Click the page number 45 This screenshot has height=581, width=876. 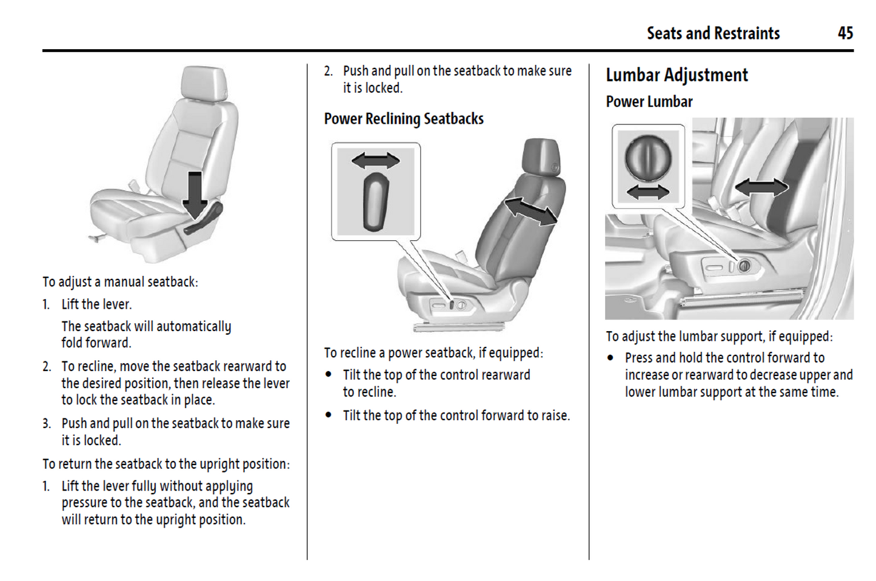click(x=845, y=33)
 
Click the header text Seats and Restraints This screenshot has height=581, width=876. click(x=713, y=33)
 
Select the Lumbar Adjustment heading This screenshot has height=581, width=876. click(x=677, y=75)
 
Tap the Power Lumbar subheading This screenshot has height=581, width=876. click(x=649, y=102)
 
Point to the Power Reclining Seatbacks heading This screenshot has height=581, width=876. click(x=404, y=119)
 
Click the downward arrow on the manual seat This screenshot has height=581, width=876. click(x=195, y=194)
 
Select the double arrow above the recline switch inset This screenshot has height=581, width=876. click(x=376, y=161)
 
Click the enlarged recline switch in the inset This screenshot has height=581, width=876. click(x=376, y=201)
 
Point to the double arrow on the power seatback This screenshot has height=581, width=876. click(x=531, y=211)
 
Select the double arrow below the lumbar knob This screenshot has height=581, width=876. click(x=648, y=192)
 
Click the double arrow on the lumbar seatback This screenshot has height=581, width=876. click(x=761, y=187)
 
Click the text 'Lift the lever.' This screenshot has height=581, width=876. click(x=96, y=304)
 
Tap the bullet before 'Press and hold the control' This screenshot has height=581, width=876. click(x=610, y=358)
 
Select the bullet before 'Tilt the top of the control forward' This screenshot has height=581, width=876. click(x=329, y=415)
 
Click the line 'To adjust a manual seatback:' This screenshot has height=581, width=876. click(x=120, y=282)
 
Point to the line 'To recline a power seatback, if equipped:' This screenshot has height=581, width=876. click(x=433, y=353)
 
